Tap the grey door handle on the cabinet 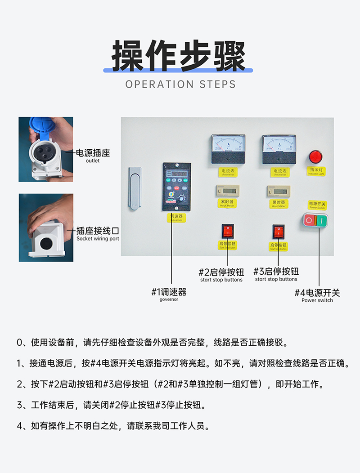tap(135, 188)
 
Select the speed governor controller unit tap(176, 187)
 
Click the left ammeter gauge tap(228, 149)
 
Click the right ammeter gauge tap(279, 149)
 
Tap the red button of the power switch tap(310, 220)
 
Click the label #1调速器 tap(169, 292)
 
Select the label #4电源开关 tap(317, 293)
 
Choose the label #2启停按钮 tap(221, 272)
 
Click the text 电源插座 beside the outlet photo tap(93, 153)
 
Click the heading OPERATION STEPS tap(180, 84)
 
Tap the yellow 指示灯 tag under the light tap(317, 171)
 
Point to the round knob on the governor tap(181, 198)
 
